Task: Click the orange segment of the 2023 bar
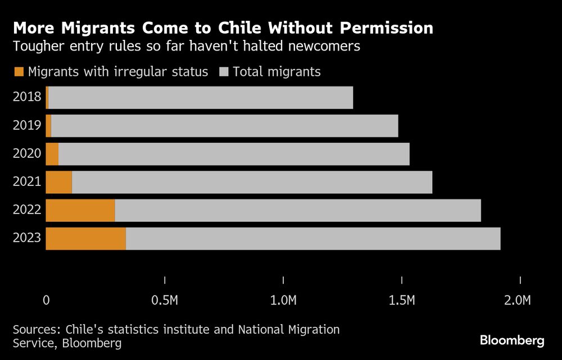[x=85, y=239]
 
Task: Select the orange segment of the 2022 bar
[x=80, y=211]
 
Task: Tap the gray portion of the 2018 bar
[x=201, y=98]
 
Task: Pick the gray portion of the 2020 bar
[x=234, y=154]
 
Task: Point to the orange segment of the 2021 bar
[x=58, y=183]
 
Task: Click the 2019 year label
[x=27, y=125]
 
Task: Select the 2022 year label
[x=27, y=210]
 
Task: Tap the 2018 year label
[x=27, y=97]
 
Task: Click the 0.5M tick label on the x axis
[x=165, y=300]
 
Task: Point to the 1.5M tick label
[x=402, y=300]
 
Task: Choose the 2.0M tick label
[x=517, y=300]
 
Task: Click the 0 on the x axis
[x=46, y=300]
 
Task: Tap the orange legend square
[x=19, y=72]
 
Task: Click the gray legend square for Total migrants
[x=223, y=72]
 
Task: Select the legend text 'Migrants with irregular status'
[x=118, y=72]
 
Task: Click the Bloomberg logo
[x=512, y=340]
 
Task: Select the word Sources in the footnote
[x=35, y=329]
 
